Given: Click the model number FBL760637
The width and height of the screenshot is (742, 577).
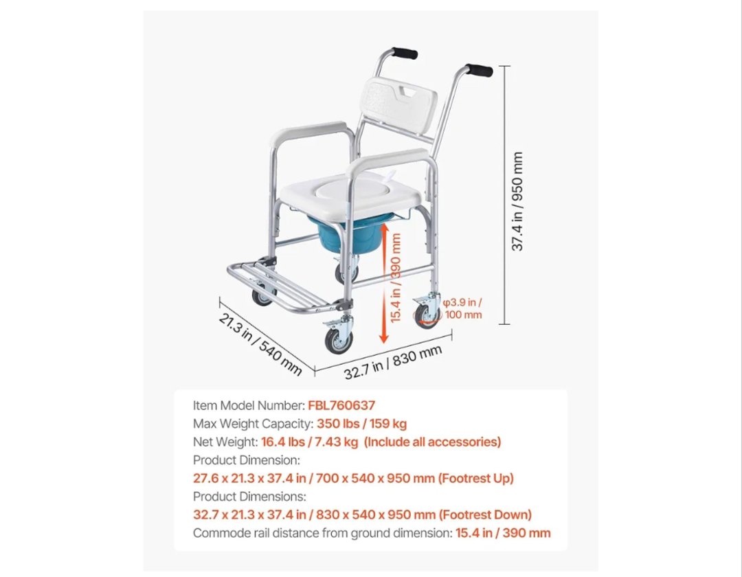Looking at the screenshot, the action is point(341,405).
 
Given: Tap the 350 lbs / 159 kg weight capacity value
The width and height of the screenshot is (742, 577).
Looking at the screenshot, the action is point(361,424).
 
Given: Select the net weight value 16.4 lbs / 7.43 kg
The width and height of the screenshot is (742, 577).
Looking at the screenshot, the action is point(309,442).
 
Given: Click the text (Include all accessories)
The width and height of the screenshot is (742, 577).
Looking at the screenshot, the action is point(433,442).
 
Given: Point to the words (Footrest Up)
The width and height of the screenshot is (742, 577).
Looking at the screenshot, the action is point(475,478).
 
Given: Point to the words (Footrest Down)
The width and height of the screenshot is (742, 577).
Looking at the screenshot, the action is point(485,514).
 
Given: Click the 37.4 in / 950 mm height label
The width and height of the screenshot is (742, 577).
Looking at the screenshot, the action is point(518,201).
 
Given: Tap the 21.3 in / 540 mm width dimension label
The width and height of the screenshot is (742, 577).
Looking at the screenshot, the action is point(260,344).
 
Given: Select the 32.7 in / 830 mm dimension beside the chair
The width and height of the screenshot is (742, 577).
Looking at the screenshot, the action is point(393,362).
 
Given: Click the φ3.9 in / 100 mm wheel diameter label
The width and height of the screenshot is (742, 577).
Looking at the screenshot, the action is point(463,308).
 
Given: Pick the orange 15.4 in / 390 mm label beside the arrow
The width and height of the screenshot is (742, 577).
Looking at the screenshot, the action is point(396,278).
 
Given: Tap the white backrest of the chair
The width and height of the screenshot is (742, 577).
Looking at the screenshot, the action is point(396,106).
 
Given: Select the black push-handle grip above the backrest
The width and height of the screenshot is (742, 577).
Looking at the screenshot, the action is point(405,52).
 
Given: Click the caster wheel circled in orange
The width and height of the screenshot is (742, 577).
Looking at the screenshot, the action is point(427,316).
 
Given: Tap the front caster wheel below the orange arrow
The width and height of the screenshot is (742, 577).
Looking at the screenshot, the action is point(339,341).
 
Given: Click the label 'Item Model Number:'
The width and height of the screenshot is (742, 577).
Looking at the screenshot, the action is point(249,405).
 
